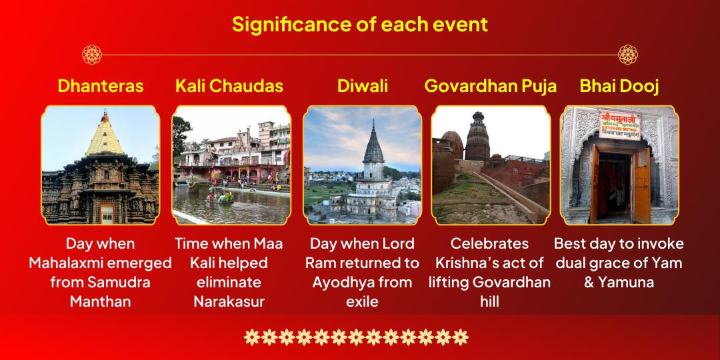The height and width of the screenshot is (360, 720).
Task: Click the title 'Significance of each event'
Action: click(359, 25)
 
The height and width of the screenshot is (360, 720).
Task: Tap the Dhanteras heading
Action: click(101, 86)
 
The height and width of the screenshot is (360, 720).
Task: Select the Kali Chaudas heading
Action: click(229, 86)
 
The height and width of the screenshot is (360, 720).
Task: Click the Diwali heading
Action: click(362, 86)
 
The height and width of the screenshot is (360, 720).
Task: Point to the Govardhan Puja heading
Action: click(491, 86)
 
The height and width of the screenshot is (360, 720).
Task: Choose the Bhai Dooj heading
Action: click(619, 86)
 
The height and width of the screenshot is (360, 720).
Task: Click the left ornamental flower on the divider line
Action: click(92, 55)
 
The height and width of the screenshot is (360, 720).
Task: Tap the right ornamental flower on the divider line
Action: click(628, 55)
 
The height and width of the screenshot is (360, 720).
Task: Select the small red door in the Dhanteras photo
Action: click(107, 213)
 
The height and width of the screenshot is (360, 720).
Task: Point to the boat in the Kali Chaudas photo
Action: click(221, 197)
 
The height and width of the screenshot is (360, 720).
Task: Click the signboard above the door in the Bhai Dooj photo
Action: click(619, 125)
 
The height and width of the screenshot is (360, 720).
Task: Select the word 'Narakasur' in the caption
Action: click(229, 302)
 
